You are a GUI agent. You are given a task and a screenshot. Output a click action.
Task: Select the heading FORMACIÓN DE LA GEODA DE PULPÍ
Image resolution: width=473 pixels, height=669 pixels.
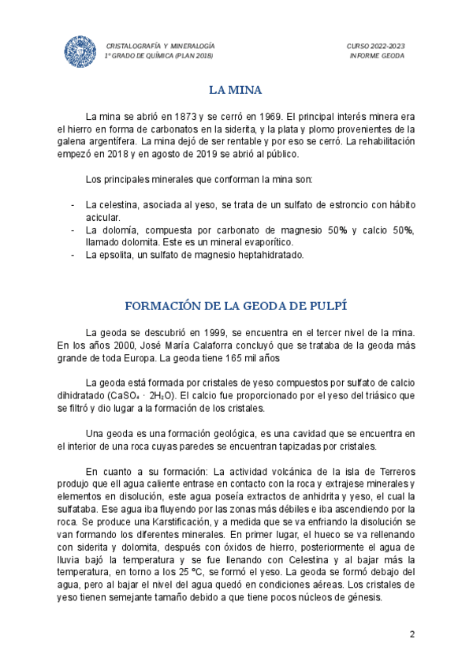coord(236,305)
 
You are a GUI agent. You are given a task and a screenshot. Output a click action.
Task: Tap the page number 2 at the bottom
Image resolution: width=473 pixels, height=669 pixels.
coord(411,635)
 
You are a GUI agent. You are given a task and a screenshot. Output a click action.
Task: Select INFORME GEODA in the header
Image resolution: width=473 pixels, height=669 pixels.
coord(377,55)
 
